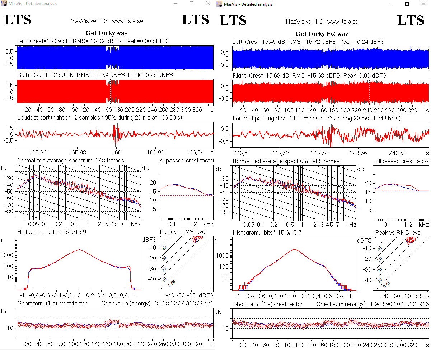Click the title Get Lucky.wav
coord(107,33)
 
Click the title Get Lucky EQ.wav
coord(322,34)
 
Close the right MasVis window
coord(424,4)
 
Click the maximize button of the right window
coord(407,4)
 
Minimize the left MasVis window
coord(176,4)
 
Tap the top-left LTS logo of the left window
coord(18,20)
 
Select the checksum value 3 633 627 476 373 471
coord(184,304)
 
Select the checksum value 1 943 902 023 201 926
coord(399,304)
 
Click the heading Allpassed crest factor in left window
coord(187,161)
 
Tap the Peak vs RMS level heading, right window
coord(398,233)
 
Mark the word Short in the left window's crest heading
coord(25,304)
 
